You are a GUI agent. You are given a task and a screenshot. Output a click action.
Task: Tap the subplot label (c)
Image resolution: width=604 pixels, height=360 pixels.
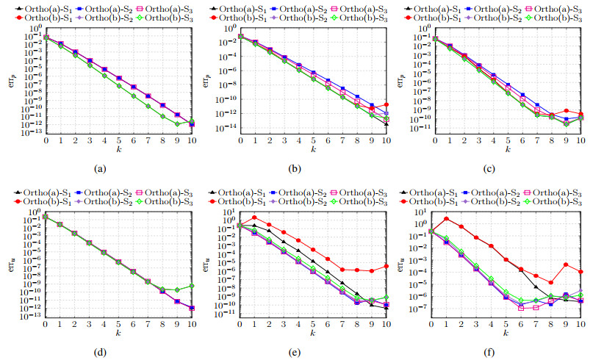[x=489, y=170]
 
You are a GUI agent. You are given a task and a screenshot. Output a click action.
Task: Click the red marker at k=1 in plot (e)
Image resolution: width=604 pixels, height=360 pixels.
[x=255, y=217]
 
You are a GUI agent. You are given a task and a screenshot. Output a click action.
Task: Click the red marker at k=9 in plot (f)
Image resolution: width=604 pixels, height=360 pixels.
[x=565, y=264]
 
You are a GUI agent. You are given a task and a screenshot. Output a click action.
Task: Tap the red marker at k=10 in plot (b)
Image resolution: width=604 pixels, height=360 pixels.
[x=386, y=104]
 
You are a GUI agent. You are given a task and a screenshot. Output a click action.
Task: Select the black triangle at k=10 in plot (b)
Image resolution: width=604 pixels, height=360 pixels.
[x=386, y=123]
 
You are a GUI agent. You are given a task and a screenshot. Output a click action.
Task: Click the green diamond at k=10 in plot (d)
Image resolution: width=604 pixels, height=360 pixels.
[x=192, y=286]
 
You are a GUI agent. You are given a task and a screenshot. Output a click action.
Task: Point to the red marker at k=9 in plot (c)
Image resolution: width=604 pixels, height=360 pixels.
[x=565, y=110]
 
